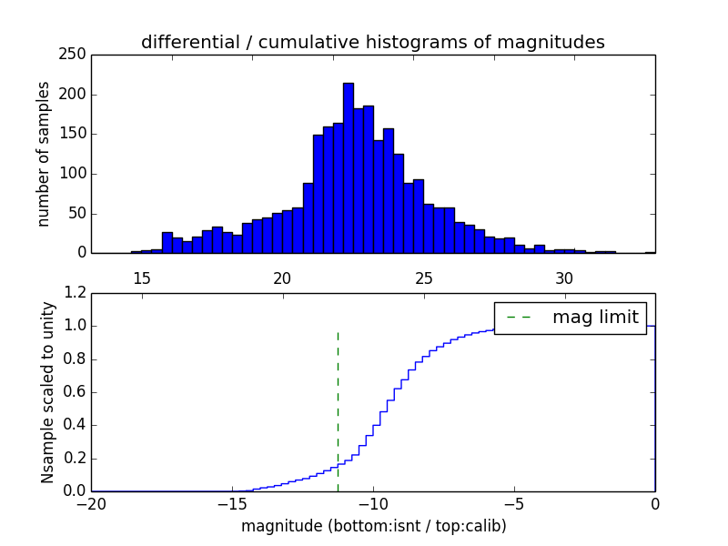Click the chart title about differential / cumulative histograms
(372, 42)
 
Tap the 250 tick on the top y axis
(76, 55)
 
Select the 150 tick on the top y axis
(76, 134)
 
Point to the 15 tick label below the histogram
(141, 278)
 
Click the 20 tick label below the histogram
(282, 278)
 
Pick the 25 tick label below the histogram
(423, 278)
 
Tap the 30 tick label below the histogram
(564, 278)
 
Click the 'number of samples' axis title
(44, 154)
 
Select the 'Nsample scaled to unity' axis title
(47, 392)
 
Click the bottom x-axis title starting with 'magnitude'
(373, 526)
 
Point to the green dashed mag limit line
(338, 409)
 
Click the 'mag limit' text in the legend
(595, 317)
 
